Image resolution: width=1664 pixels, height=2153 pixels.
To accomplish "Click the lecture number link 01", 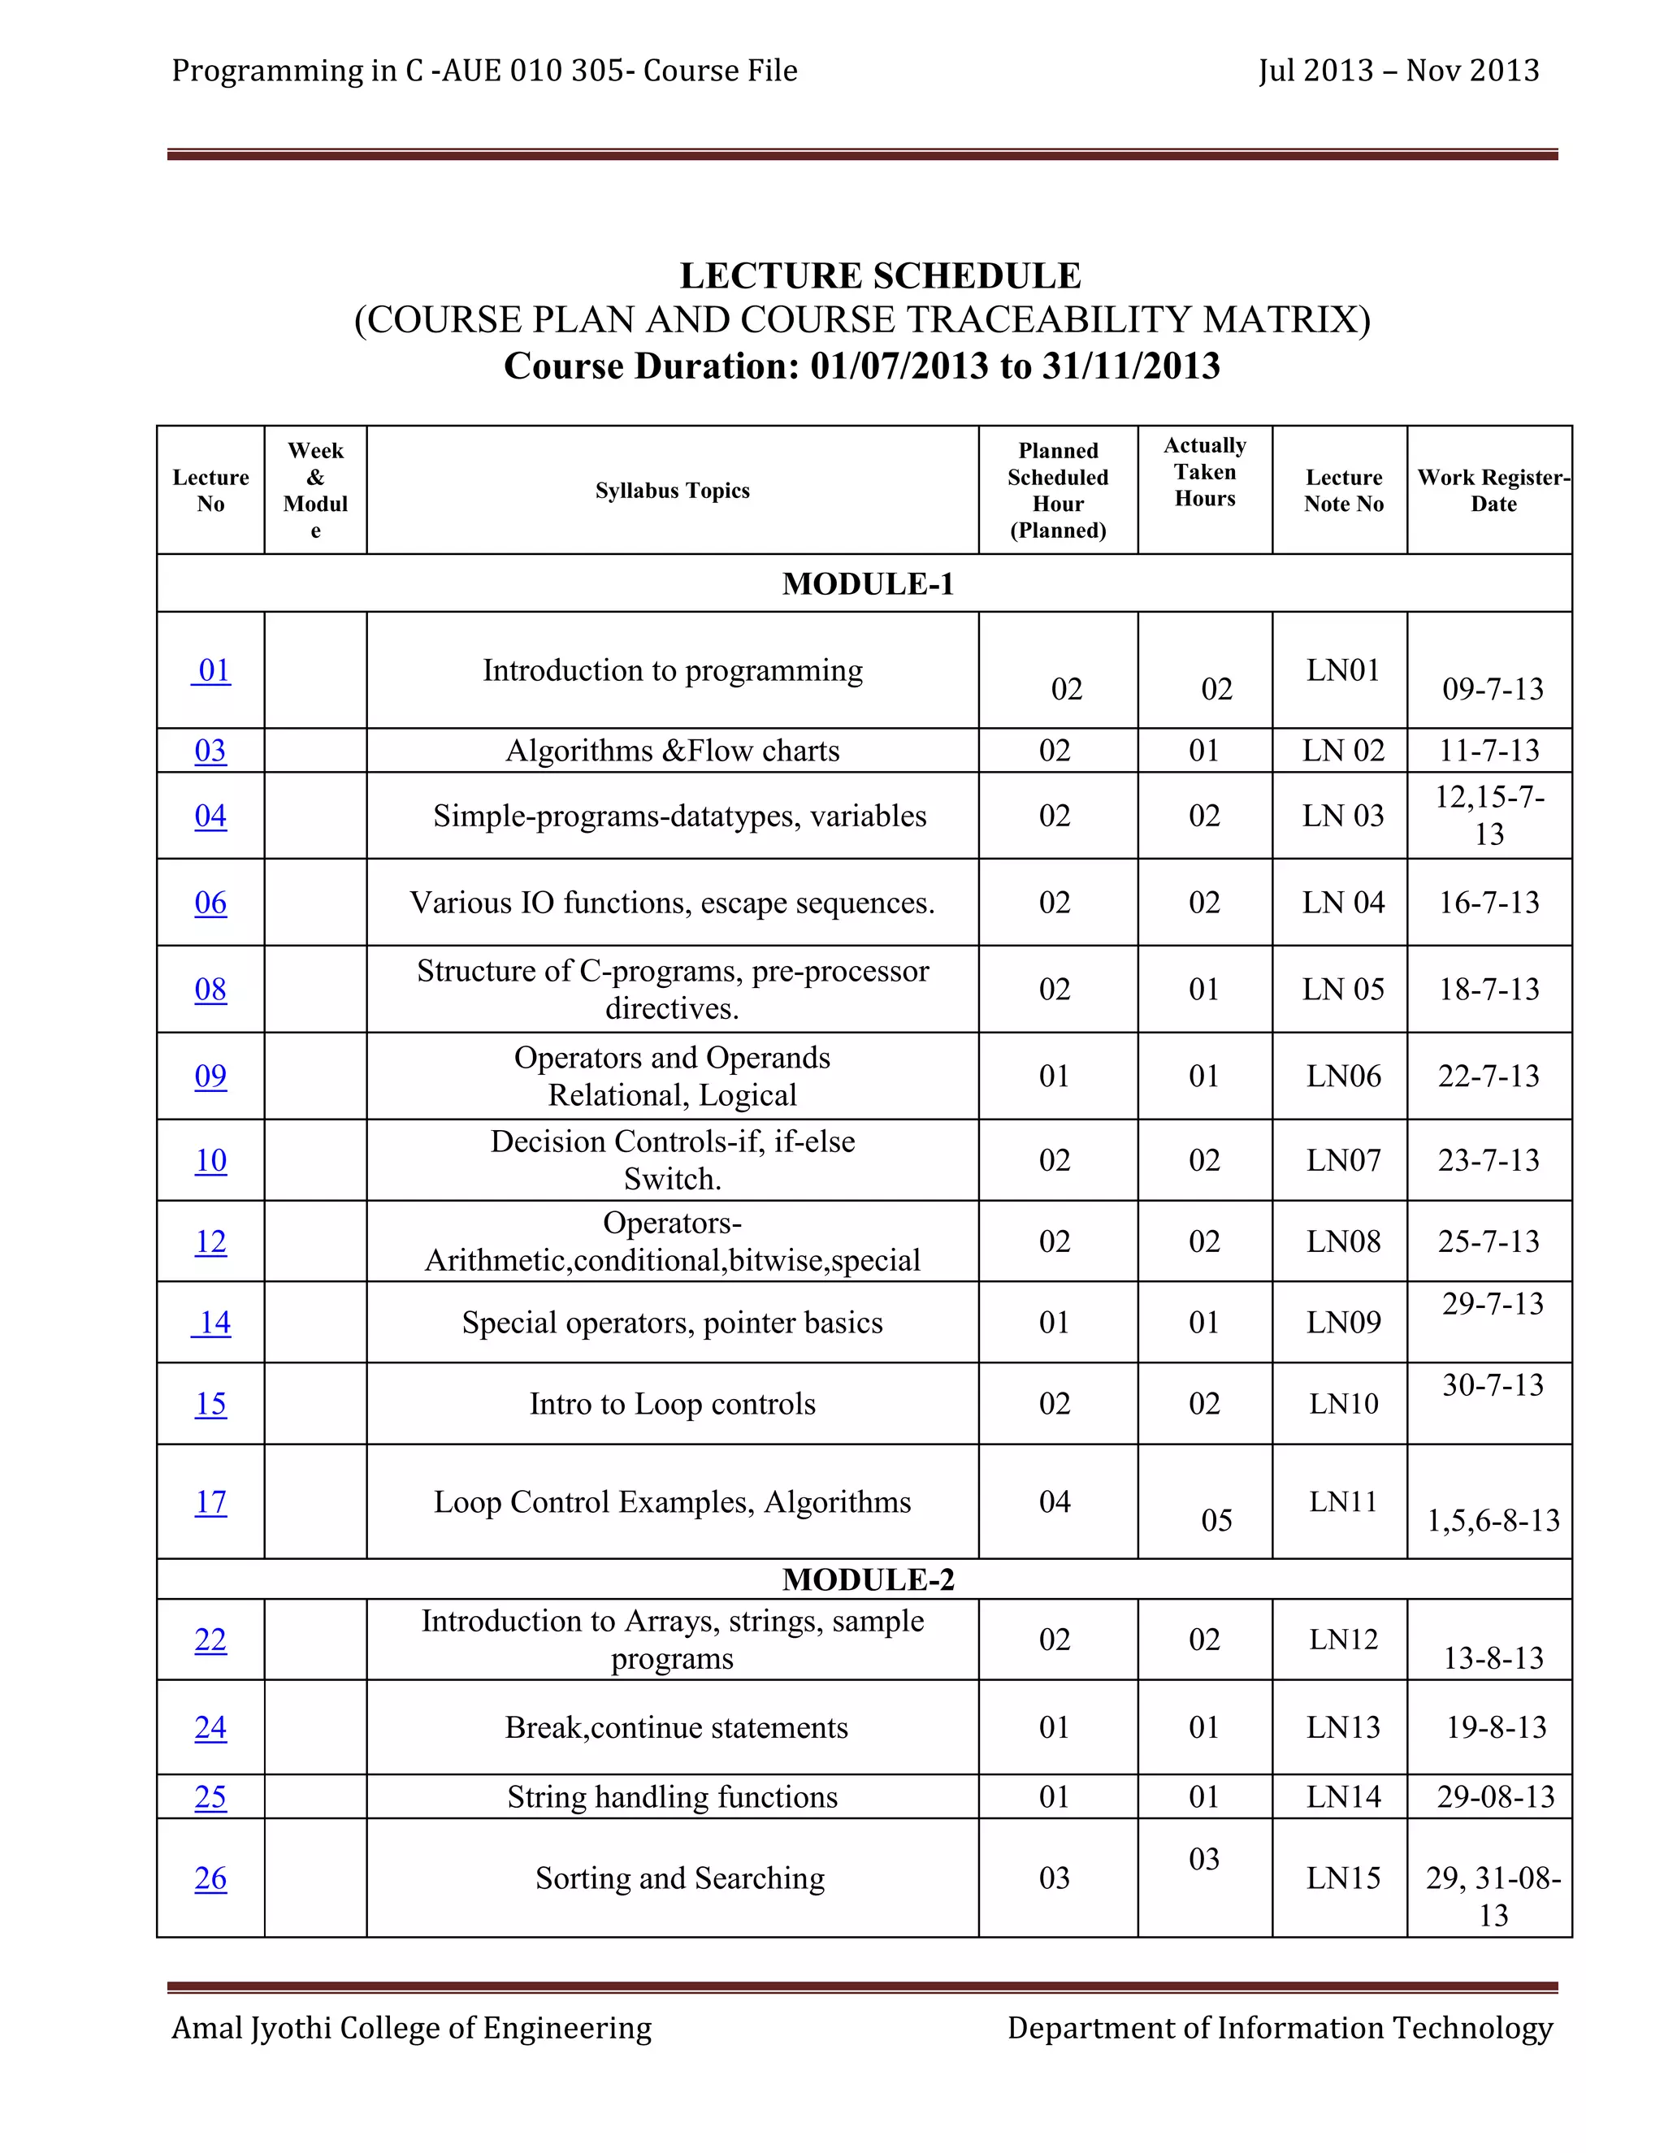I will click(214, 670).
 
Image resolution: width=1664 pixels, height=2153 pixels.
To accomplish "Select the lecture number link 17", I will click(210, 1501).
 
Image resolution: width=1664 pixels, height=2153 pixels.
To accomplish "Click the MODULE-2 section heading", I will click(868, 1579).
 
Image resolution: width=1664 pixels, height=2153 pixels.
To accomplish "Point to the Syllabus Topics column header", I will click(672, 491).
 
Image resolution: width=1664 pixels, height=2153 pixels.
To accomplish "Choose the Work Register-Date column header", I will click(1493, 491).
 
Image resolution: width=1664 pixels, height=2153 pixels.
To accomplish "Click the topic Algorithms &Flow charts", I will click(672, 752).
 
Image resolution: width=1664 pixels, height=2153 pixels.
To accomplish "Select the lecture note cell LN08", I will click(1342, 1241).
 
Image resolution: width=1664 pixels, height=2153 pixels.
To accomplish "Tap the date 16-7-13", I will click(1488, 902).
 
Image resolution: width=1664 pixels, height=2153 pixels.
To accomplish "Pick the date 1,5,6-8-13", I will click(1493, 1520).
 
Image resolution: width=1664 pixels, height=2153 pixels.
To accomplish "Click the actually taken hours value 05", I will click(1216, 1520).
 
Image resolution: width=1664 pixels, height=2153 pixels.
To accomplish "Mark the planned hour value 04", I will click(1054, 1501).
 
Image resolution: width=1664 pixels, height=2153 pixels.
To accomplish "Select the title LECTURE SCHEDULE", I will click(879, 276).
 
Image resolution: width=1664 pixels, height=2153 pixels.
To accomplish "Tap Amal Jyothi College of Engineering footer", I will click(411, 2028).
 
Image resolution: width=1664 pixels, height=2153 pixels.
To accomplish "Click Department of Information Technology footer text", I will click(1280, 2028).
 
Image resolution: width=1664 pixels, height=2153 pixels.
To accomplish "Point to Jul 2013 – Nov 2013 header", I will click(1397, 71).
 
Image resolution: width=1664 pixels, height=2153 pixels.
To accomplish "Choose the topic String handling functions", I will click(672, 1796).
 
